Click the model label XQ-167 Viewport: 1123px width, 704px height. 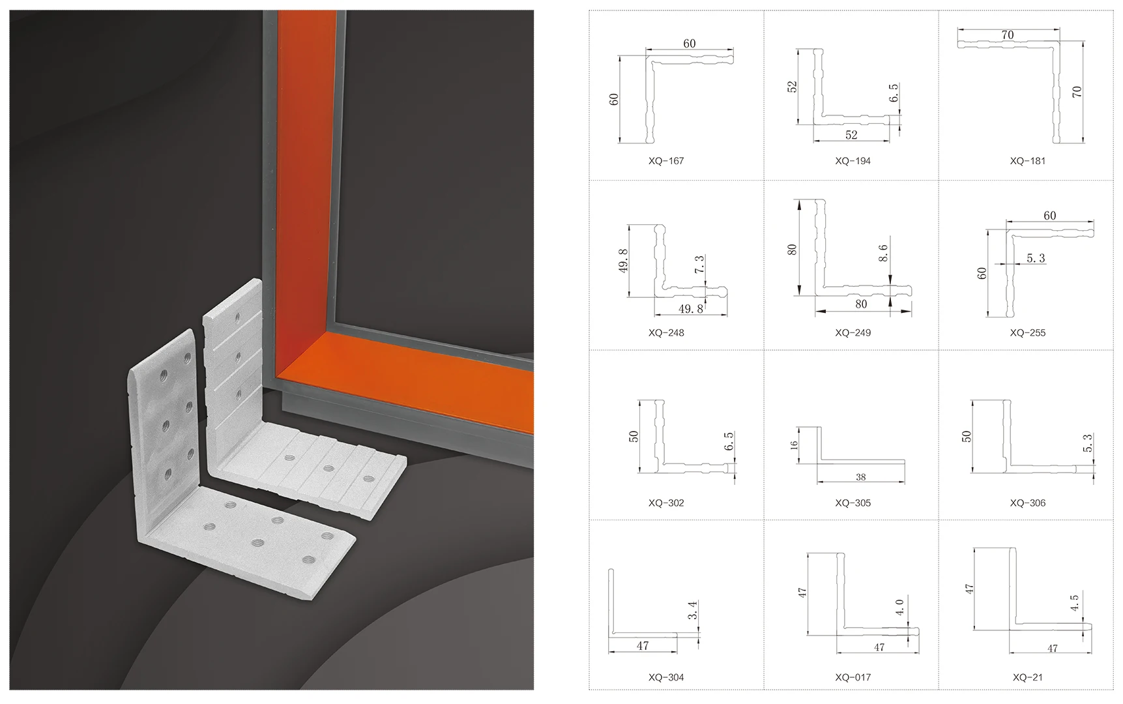point(665,161)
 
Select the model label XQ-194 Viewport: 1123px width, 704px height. point(853,161)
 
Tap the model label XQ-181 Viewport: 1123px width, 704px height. point(1027,161)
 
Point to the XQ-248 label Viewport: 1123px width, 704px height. point(665,333)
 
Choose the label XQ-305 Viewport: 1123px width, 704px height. point(853,503)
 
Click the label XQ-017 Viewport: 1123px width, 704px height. point(853,677)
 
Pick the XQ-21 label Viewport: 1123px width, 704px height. point(1027,677)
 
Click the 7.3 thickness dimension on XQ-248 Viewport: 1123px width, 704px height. point(699,264)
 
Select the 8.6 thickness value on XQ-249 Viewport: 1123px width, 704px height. point(883,253)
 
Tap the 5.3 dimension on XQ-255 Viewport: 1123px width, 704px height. point(1036,258)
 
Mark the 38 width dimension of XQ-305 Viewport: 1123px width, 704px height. point(860,477)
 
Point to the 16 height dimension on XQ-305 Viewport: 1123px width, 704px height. point(794,445)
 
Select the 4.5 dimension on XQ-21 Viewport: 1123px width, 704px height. point(1074,602)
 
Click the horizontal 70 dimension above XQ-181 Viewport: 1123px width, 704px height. point(1008,35)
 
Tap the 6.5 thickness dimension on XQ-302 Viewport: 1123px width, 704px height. point(729,441)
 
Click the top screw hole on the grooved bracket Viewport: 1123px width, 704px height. point(237,319)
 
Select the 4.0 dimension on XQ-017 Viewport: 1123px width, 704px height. point(899,608)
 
